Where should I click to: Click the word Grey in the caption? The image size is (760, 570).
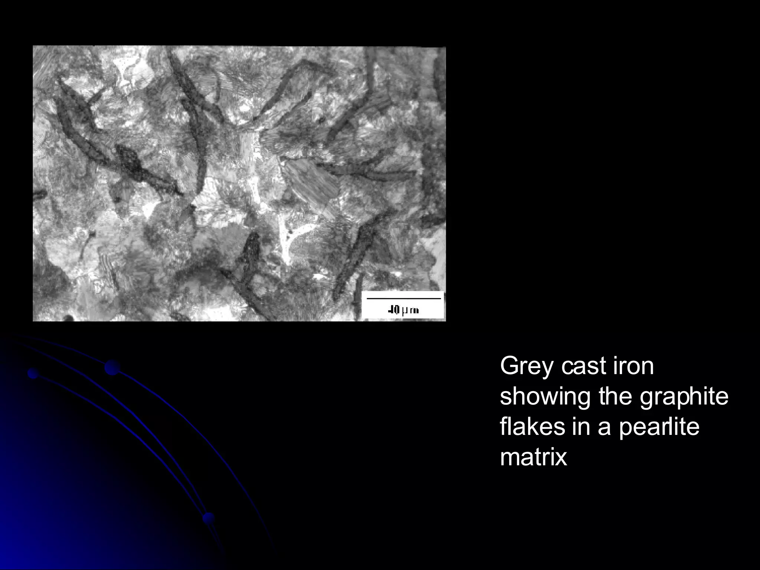pyautogui.click(x=527, y=367)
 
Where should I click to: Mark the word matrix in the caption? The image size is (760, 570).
pyautogui.click(x=534, y=457)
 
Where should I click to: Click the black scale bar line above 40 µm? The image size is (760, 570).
pyautogui.click(x=403, y=298)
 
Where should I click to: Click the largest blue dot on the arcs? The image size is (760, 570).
pyautogui.click(x=112, y=367)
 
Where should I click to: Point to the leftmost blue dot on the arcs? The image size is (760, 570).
pyautogui.click(x=33, y=373)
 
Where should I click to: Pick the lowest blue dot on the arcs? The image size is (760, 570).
pyautogui.click(x=209, y=518)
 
